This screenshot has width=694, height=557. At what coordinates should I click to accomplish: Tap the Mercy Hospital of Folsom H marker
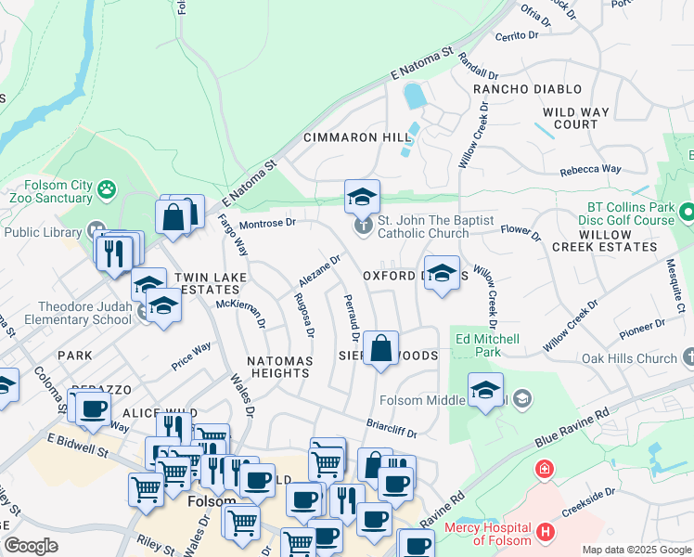click(x=546, y=533)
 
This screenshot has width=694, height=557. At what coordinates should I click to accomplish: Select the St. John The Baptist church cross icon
click(x=364, y=224)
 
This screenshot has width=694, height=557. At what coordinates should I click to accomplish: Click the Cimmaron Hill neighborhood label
click(x=357, y=137)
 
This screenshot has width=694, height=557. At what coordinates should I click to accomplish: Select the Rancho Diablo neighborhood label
click(x=527, y=89)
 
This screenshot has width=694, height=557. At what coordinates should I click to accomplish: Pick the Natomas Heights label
click(x=278, y=366)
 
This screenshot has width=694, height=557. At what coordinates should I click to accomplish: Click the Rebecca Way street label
click(x=590, y=170)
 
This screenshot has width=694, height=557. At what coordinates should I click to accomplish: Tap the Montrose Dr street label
click(x=267, y=223)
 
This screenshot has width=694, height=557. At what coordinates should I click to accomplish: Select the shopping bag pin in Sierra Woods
click(x=380, y=350)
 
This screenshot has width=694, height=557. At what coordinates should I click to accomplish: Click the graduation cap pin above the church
click(x=362, y=196)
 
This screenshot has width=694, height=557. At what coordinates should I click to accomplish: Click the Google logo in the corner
click(x=31, y=546)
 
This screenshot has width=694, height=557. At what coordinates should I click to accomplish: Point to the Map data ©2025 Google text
click(x=636, y=550)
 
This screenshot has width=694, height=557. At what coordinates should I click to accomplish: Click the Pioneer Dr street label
click(x=643, y=328)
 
